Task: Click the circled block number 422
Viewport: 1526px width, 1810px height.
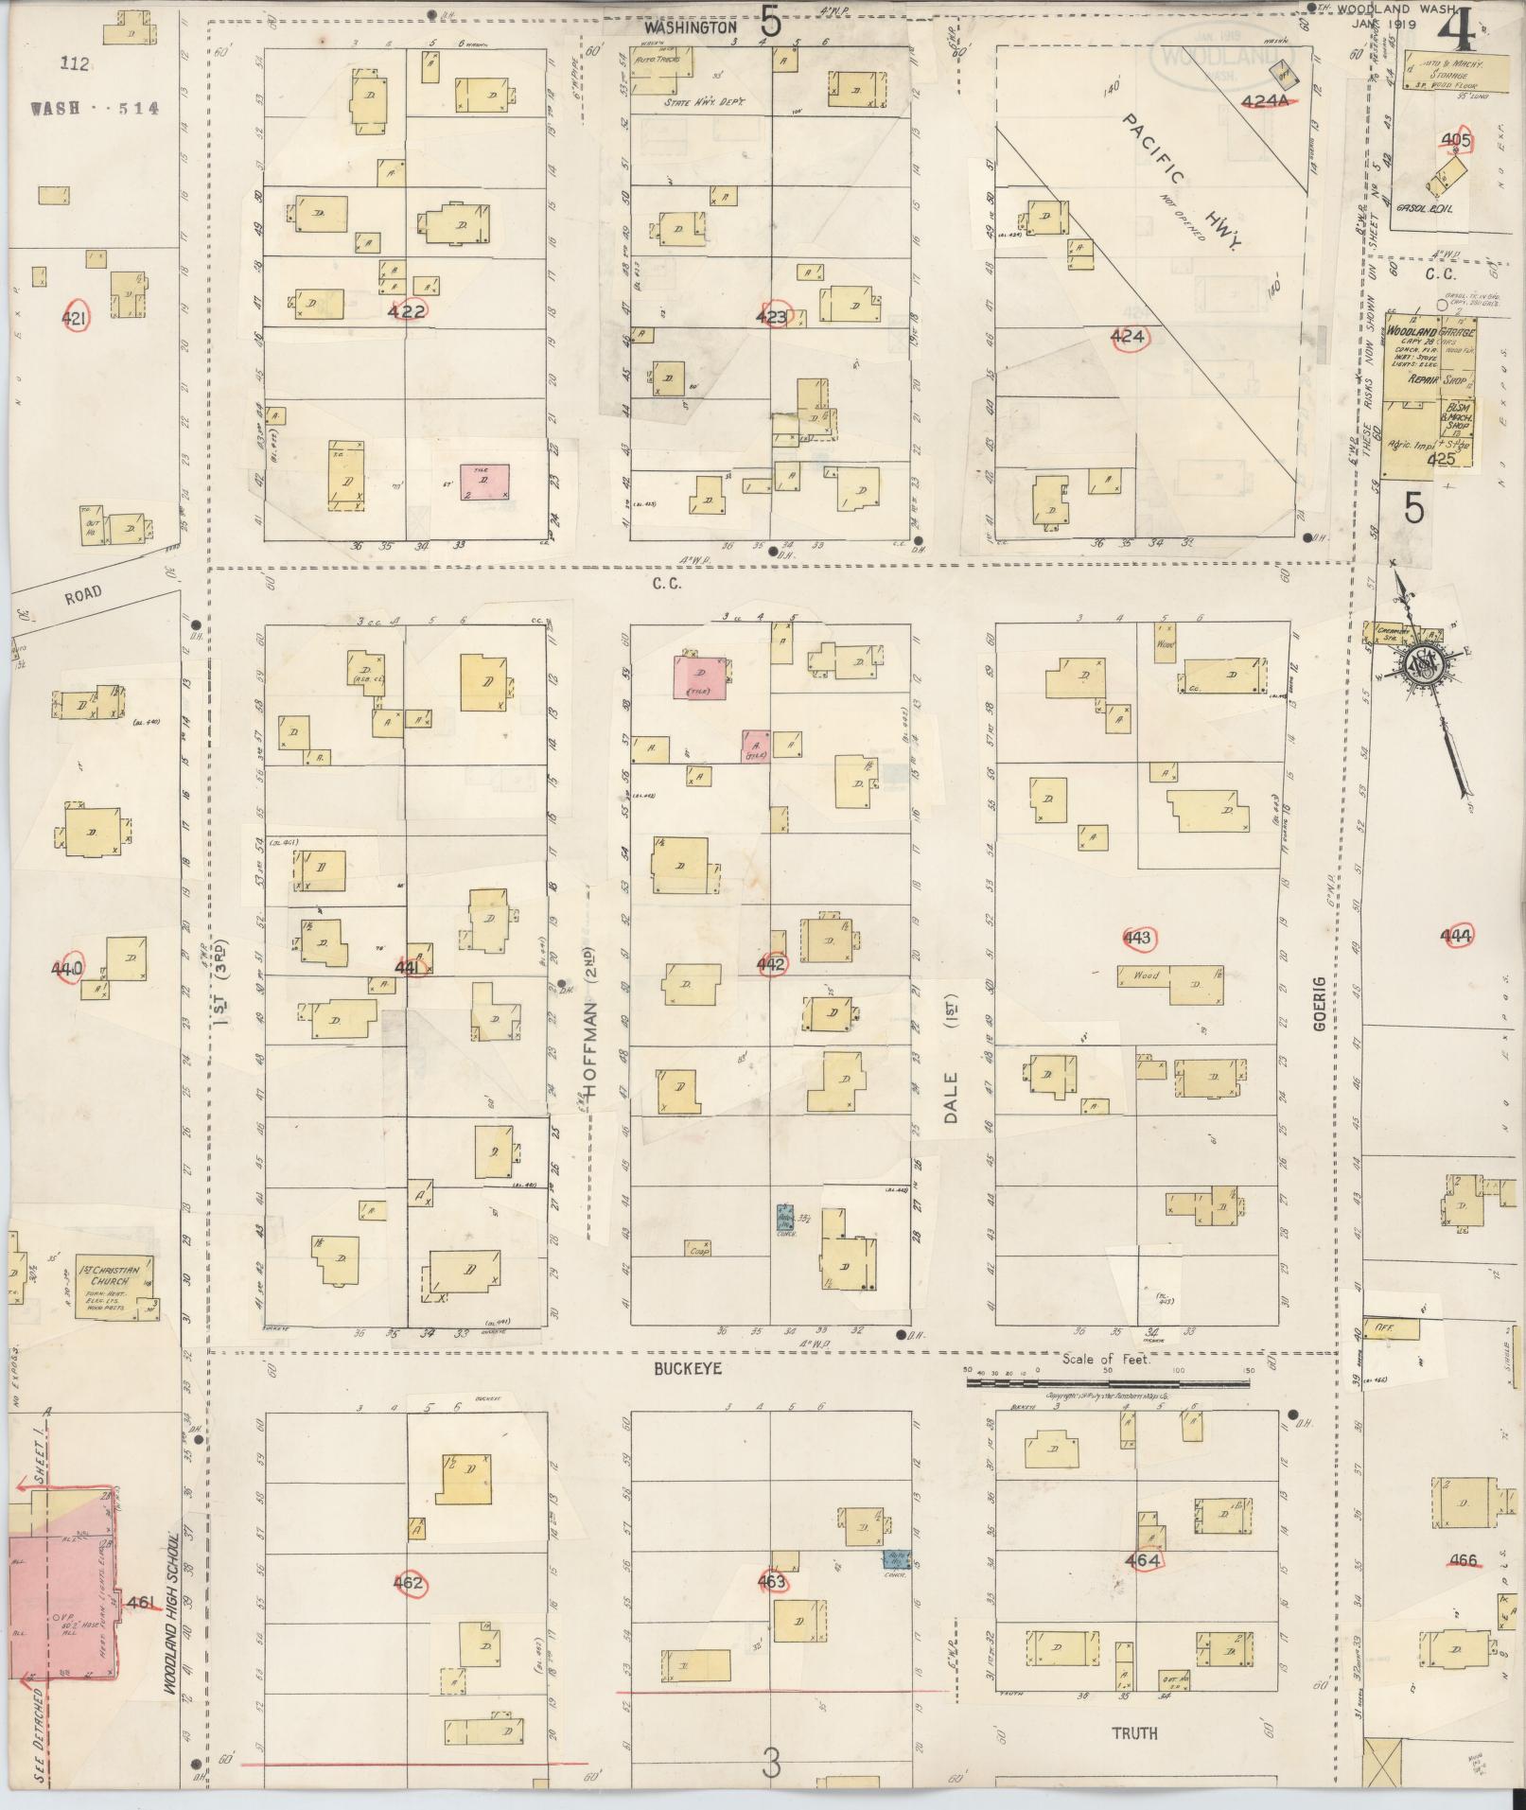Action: coord(408,309)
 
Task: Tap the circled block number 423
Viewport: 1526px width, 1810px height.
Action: coord(772,317)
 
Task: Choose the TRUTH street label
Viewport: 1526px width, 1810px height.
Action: coord(1134,1733)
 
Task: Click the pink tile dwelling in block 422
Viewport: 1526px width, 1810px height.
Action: coord(484,482)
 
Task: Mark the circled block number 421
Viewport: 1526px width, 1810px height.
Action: coord(74,319)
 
